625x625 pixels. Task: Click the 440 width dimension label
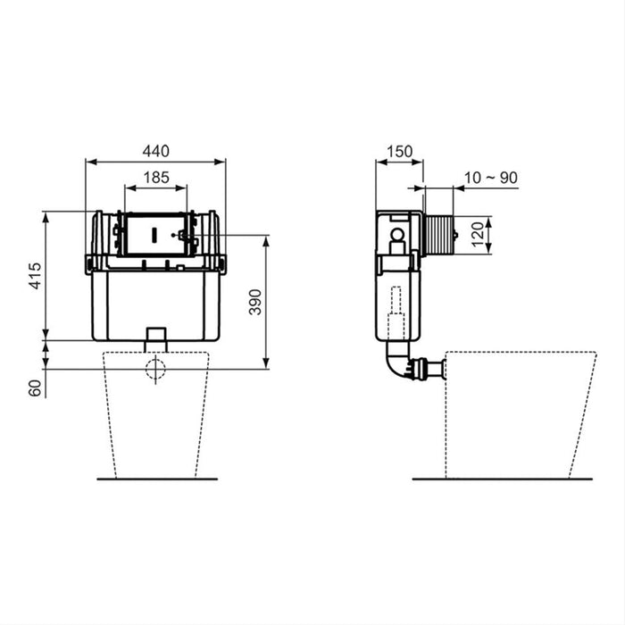click(155, 150)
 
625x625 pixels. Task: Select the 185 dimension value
click(155, 177)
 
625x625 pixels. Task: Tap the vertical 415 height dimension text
click(34, 277)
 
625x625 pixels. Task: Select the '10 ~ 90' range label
click(491, 177)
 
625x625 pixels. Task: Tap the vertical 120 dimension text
click(479, 236)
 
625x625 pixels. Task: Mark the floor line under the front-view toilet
click(156, 479)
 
